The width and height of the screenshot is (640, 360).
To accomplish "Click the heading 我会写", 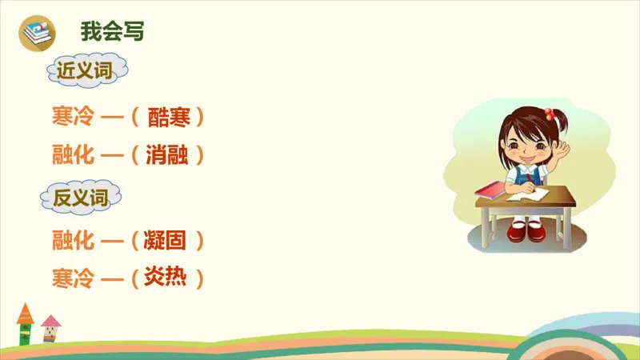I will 112,32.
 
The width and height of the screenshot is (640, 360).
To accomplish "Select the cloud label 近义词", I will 82,70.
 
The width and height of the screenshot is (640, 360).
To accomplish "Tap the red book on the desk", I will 490,190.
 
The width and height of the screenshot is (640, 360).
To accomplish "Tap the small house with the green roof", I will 25,325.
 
